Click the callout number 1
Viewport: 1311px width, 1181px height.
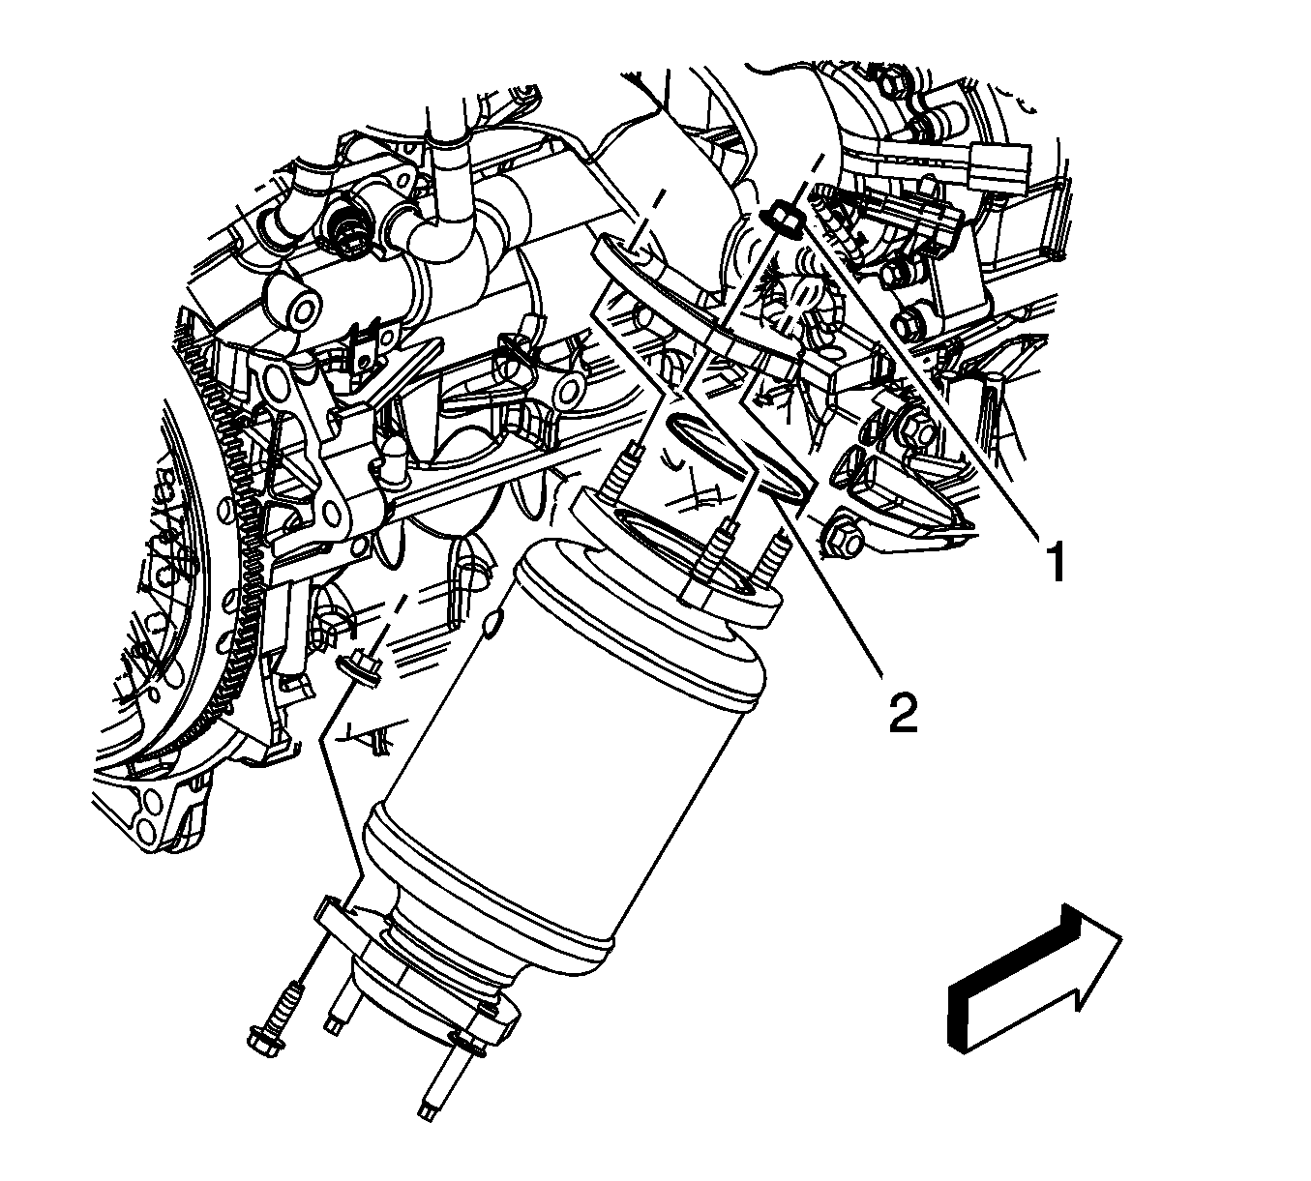point(1056,563)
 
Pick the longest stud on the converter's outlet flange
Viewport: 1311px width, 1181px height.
point(444,1079)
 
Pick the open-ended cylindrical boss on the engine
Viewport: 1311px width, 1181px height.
point(292,301)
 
